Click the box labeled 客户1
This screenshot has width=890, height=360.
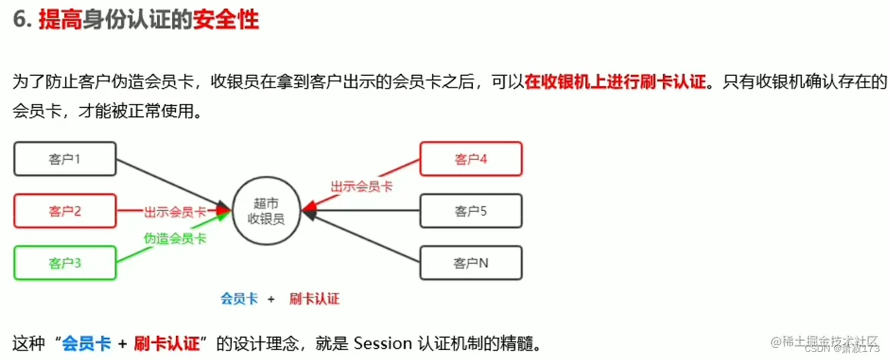pos(64,159)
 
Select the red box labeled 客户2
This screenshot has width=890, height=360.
pos(64,211)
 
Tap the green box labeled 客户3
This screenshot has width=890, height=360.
pos(64,263)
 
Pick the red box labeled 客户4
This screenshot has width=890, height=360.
pos(470,159)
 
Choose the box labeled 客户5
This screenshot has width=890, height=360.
pos(470,211)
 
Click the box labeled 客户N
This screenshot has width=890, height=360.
pos(470,263)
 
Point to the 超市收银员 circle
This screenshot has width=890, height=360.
pos(266,211)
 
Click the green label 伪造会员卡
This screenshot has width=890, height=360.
pos(175,238)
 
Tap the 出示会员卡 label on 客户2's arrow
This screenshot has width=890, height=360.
pos(175,212)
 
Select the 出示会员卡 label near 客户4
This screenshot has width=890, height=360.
pos(361,186)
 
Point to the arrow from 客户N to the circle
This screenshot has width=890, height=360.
pos(363,238)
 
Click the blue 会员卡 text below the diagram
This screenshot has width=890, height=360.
pos(239,299)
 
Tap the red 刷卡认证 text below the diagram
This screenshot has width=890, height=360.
pos(314,299)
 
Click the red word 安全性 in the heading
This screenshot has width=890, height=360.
pos(225,20)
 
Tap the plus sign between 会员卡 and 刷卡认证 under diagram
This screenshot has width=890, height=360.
pos(271,299)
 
